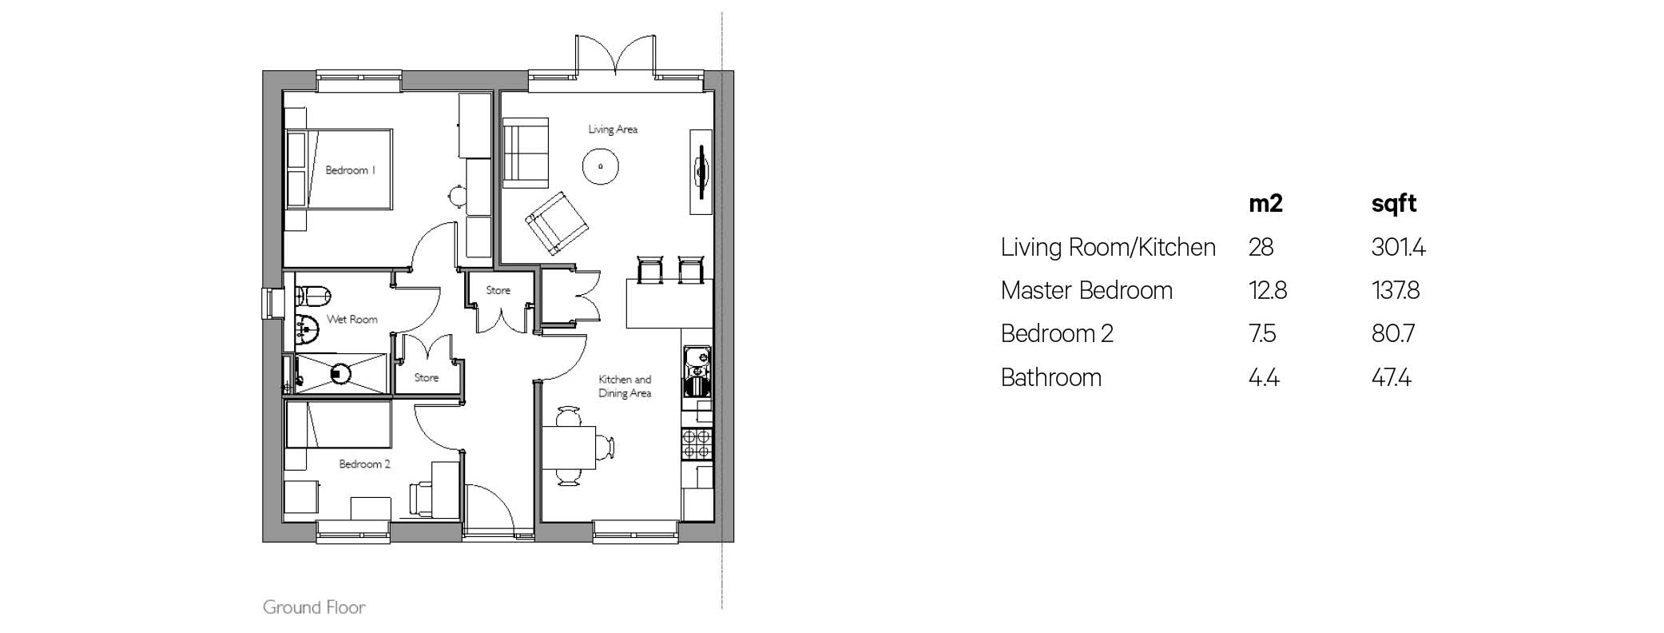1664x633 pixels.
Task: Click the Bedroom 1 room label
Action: pyautogui.click(x=350, y=170)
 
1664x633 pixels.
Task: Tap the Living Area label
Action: pyautogui.click(x=613, y=129)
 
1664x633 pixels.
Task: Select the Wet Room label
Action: pyautogui.click(x=351, y=320)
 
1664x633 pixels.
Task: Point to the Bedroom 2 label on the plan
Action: pyautogui.click(x=364, y=464)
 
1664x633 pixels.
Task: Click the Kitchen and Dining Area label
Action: pyautogui.click(x=625, y=386)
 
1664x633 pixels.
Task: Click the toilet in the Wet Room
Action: pyautogui.click(x=312, y=297)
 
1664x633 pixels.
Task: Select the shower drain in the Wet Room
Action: pyautogui.click(x=341, y=372)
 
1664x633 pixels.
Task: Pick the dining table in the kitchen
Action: pyautogui.click(x=569, y=448)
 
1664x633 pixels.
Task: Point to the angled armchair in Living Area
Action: pyautogui.click(x=557, y=223)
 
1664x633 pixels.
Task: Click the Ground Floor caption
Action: pyautogui.click(x=314, y=607)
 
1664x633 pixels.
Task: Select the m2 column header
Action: pyautogui.click(x=1265, y=204)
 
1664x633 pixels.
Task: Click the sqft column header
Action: pyautogui.click(x=1394, y=205)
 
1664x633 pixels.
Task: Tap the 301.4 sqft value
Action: pyautogui.click(x=1399, y=248)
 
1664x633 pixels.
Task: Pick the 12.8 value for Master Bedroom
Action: pyautogui.click(x=1268, y=290)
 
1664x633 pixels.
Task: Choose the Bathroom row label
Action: pyautogui.click(x=1051, y=377)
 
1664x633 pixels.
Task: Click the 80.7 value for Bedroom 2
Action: pyautogui.click(x=1393, y=333)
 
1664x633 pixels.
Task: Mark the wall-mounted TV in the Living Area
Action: pyautogui.click(x=701, y=171)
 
